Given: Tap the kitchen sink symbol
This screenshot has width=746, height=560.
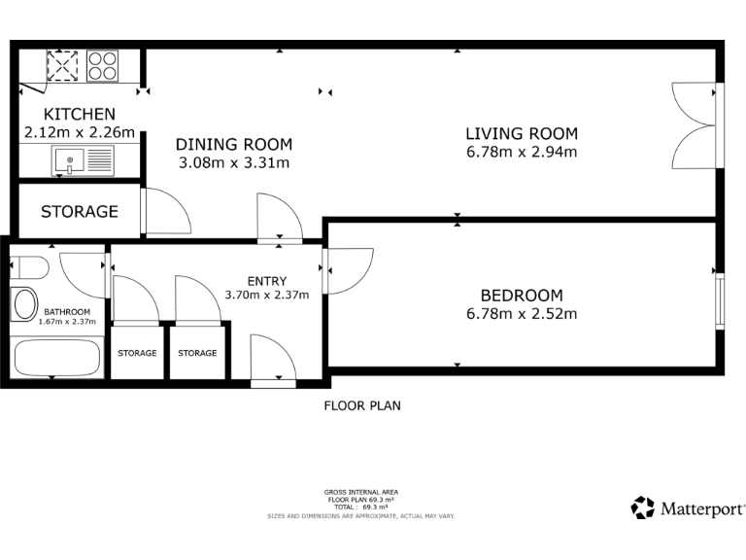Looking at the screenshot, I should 84,160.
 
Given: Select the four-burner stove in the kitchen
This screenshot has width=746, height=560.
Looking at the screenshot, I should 102,65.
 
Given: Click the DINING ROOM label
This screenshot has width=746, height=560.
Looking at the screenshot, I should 234,145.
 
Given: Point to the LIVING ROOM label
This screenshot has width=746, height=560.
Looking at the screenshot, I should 522,134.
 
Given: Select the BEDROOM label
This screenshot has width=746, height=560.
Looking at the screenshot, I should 522,296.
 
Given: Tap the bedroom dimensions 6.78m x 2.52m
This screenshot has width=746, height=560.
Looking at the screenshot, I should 522,314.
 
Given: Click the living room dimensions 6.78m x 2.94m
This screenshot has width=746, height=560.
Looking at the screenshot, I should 522,153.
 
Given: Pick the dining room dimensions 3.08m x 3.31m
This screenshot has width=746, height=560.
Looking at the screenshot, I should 234,163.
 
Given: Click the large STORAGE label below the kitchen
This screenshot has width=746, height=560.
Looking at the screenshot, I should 80,211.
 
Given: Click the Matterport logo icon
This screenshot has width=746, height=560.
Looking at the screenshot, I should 642,507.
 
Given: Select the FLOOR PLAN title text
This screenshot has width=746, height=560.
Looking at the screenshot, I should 361,406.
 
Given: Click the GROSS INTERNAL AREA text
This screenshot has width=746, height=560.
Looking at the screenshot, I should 361,492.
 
